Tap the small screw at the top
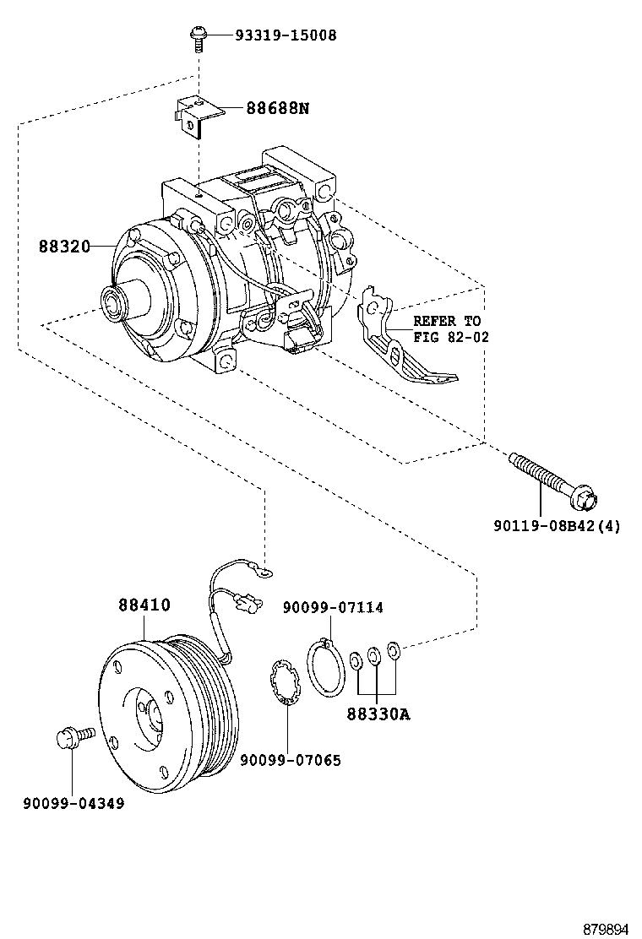199,35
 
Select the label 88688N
278,108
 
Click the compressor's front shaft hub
113,300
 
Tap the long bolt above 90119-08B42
550,480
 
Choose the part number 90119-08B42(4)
557,526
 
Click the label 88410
144,605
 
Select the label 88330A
378,714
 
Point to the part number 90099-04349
73,804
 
